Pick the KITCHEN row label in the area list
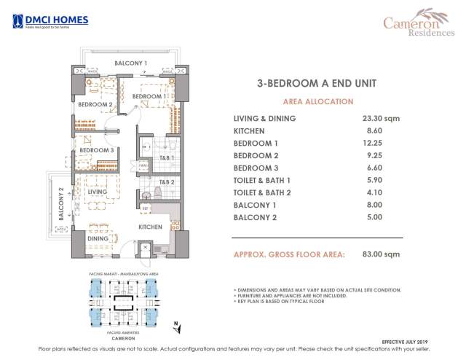[248, 130]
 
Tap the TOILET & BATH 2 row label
[264, 192]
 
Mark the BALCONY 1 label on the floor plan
[131, 64]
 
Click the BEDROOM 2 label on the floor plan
[95, 105]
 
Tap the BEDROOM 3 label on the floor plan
[96, 151]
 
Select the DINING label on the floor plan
[98, 238]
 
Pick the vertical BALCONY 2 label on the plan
[62, 203]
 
